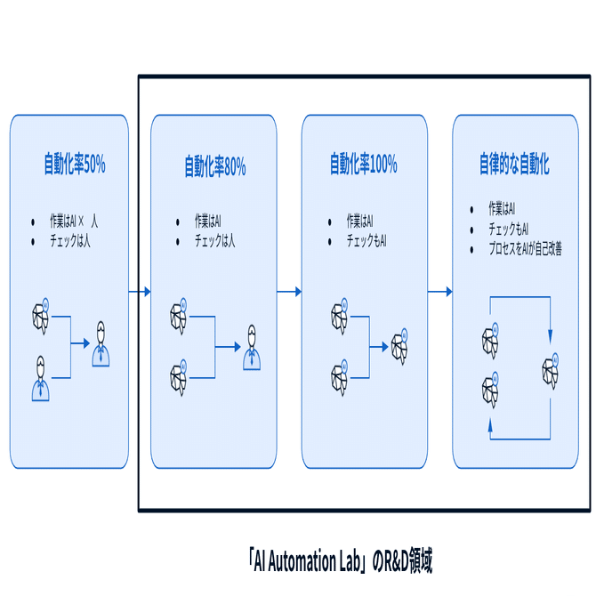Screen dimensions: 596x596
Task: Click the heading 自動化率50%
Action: (x=75, y=165)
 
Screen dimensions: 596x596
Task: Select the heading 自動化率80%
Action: (x=214, y=166)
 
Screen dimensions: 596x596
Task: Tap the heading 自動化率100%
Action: (x=363, y=165)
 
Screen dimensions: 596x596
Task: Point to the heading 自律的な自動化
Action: (x=514, y=166)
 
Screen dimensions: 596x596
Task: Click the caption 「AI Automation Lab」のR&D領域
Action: (x=341, y=560)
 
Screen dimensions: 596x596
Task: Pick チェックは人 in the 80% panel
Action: (x=214, y=240)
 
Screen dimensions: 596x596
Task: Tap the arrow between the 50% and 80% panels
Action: (x=140, y=291)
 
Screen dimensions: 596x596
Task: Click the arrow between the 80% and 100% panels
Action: (x=289, y=291)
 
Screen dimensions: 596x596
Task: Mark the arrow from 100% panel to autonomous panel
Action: (x=440, y=291)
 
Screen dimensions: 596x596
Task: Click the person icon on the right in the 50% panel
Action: (x=102, y=342)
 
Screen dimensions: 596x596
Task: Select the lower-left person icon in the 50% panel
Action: (x=41, y=377)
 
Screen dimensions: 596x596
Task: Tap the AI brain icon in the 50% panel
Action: (x=41, y=313)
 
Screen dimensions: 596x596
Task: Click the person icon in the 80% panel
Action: (x=254, y=347)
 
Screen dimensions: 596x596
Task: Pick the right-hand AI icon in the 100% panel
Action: (x=399, y=345)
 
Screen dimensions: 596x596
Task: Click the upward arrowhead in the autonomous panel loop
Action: (x=490, y=426)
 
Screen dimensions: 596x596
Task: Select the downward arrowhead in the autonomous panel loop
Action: (x=551, y=335)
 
